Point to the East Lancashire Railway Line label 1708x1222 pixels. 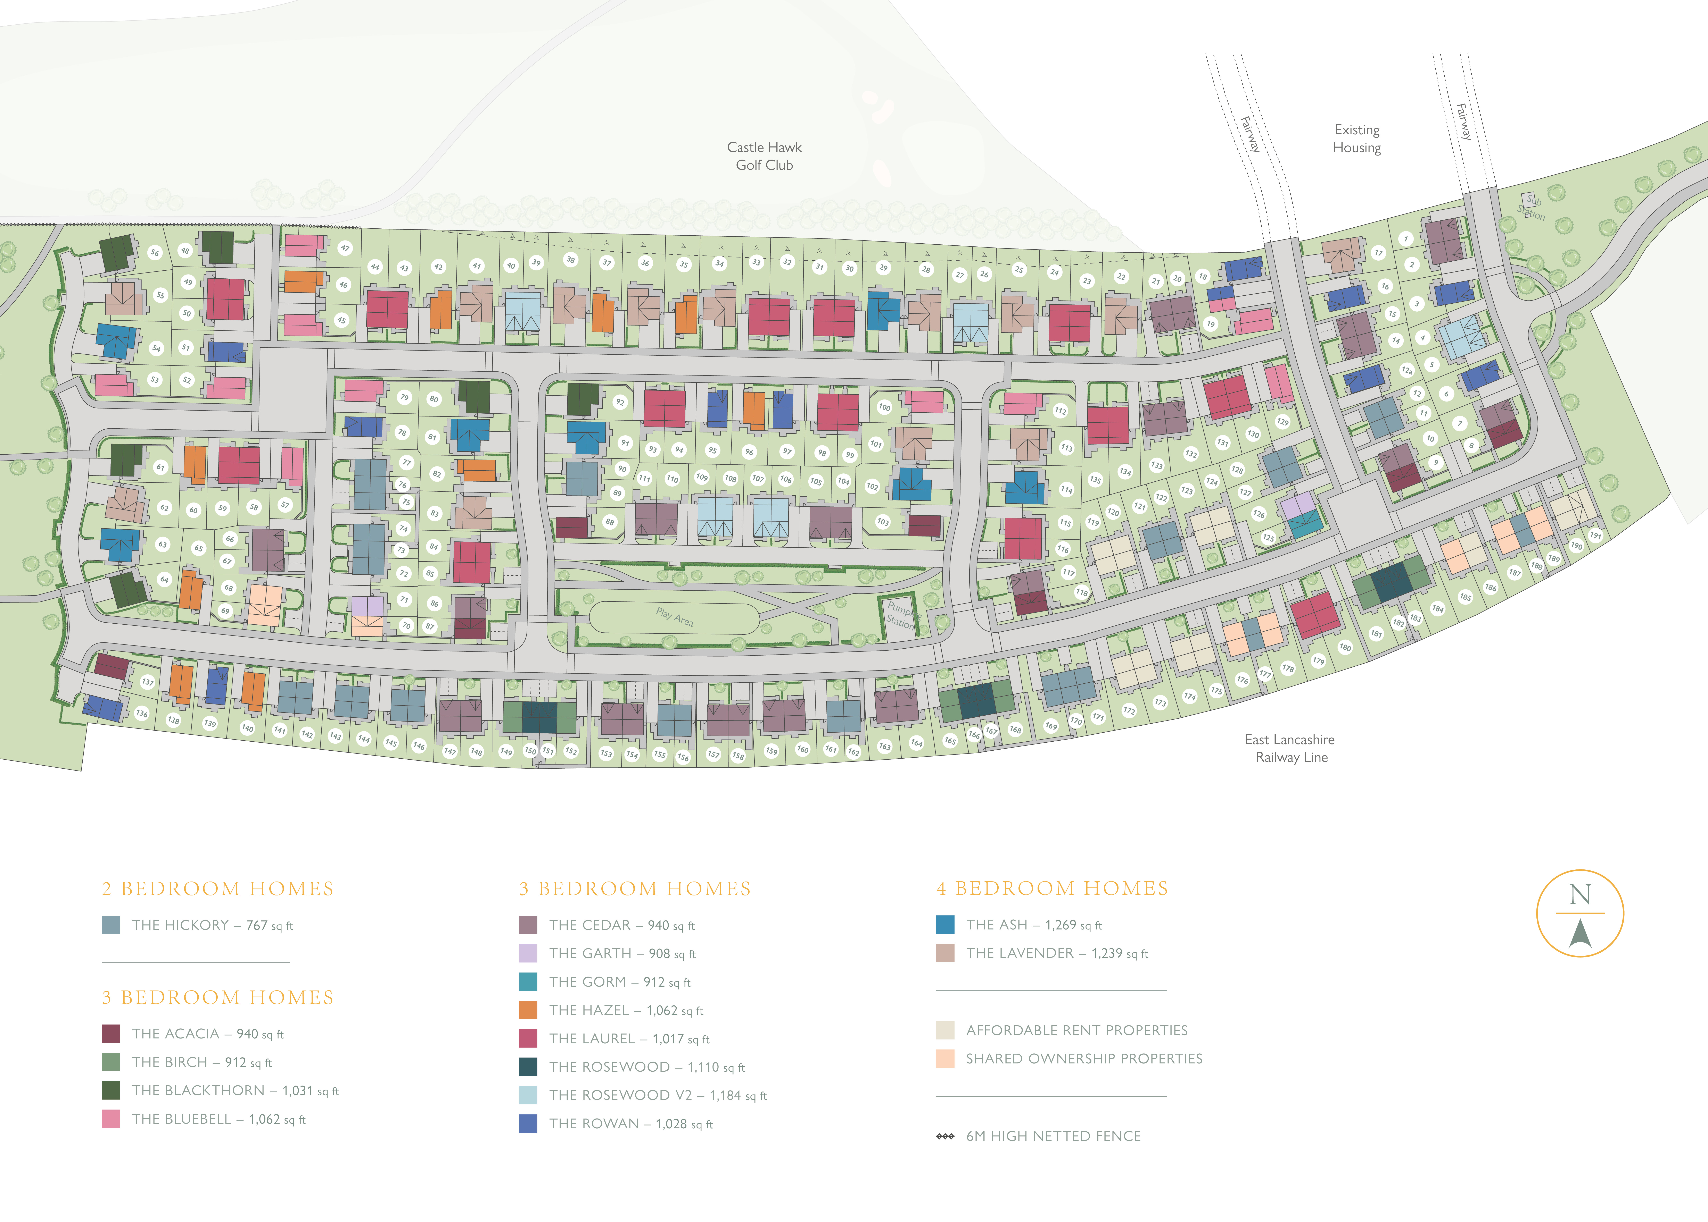tap(1290, 749)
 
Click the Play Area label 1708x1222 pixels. tap(675, 617)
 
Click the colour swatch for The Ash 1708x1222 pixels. tap(946, 925)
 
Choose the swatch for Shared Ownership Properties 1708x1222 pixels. tap(946, 1059)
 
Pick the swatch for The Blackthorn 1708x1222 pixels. tap(111, 1090)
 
